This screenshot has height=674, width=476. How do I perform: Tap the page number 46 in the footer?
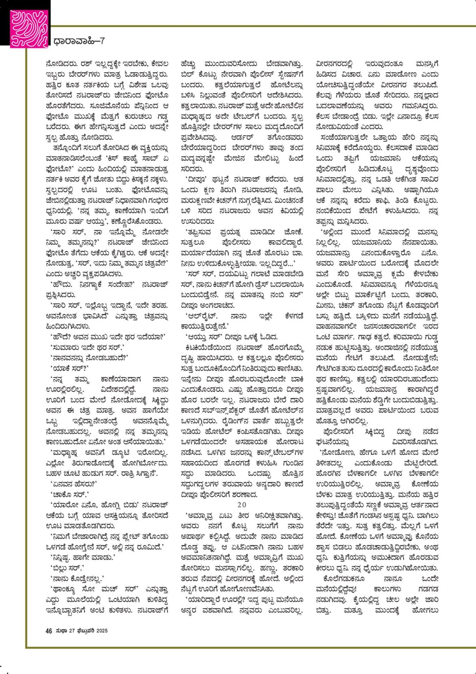pos(49,631)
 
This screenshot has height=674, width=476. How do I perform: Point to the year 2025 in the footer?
pos(102,631)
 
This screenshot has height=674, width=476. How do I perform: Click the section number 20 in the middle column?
pos(242,504)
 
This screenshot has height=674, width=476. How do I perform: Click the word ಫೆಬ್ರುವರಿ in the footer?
pos(86,631)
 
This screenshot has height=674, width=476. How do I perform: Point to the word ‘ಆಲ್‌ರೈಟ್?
pos(201,316)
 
